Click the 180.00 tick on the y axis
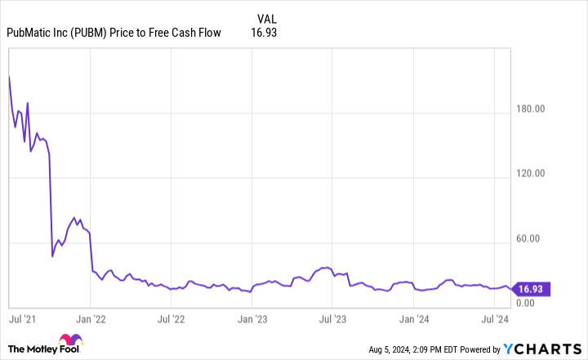(x=536, y=109)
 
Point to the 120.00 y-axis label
(x=536, y=174)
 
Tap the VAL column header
(x=266, y=18)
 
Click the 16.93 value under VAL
(x=266, y=33)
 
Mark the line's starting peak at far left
(x=9, y=76)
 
